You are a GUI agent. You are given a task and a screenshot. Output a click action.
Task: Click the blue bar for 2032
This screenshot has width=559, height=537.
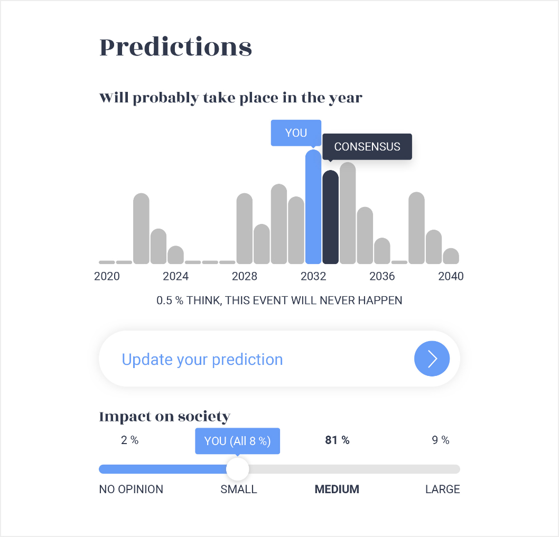313,206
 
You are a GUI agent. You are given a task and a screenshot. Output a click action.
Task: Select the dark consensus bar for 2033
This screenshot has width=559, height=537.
330,217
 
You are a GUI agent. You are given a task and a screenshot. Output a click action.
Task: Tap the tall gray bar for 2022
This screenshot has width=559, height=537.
141,229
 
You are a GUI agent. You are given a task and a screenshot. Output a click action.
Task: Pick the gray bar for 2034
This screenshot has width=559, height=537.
348,213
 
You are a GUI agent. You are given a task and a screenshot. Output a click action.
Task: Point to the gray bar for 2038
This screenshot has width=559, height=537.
416,228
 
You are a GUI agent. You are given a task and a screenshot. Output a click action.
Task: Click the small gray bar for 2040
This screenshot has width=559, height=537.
451,256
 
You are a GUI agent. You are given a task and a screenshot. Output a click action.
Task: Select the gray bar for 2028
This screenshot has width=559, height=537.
245,229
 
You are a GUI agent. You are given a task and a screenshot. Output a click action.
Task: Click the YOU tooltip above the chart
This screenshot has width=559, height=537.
296,133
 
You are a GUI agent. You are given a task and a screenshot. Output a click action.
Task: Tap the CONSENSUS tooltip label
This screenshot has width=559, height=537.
367,146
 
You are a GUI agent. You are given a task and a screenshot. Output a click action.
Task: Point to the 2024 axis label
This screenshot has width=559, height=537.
176,276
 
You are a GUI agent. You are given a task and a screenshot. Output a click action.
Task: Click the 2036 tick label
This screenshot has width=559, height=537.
382,276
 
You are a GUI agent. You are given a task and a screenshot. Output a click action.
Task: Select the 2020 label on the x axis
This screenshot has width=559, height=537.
107,276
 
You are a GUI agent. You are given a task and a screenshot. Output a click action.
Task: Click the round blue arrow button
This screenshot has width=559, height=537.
432,359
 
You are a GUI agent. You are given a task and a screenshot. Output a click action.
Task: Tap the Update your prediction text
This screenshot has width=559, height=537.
202,360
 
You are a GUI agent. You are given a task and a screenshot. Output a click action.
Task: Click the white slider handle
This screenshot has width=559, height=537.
237,469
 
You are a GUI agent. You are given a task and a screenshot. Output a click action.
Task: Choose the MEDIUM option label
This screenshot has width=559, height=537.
337,489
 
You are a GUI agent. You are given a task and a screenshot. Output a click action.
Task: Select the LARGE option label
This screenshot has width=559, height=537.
442,489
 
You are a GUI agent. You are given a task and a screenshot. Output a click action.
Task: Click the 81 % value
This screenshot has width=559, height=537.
337,440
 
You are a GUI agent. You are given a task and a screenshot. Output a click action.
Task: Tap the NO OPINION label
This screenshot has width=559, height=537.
131,489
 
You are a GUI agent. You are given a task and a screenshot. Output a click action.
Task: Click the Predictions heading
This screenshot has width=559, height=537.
176,47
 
